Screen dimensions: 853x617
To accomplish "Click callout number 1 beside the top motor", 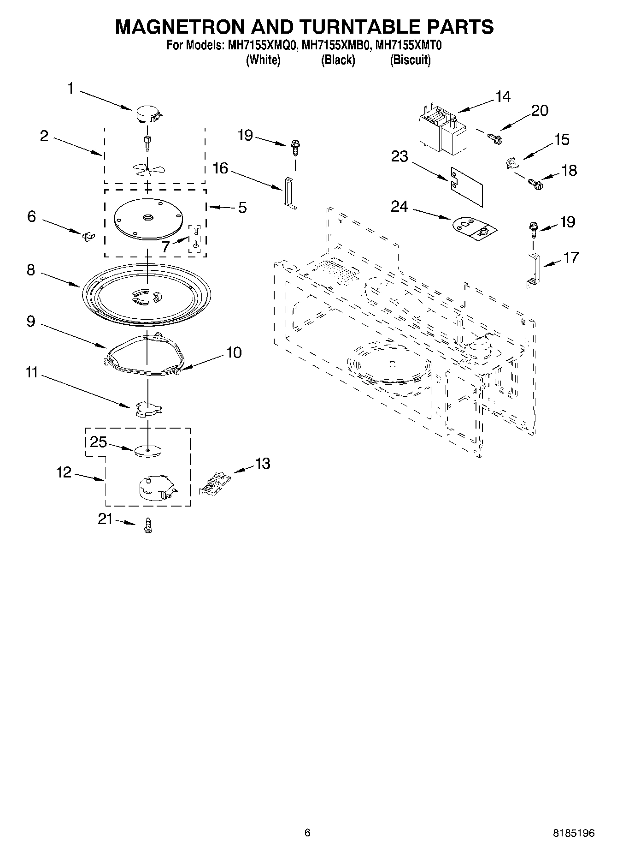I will point(71,88).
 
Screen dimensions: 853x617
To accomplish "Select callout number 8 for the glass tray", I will point(31,270).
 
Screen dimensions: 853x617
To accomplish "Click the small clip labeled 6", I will point(87,236).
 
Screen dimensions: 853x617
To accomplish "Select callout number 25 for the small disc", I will point(98,442).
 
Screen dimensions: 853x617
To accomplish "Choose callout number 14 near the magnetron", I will point(503,96).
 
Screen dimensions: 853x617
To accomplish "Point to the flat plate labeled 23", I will point(466,185).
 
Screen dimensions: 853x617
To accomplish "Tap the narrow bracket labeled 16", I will point(289,193).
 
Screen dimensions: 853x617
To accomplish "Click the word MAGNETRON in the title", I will point(180,27).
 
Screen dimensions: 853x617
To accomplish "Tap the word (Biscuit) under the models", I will point(410,60).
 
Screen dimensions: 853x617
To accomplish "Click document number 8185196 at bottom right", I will point(573,833).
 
